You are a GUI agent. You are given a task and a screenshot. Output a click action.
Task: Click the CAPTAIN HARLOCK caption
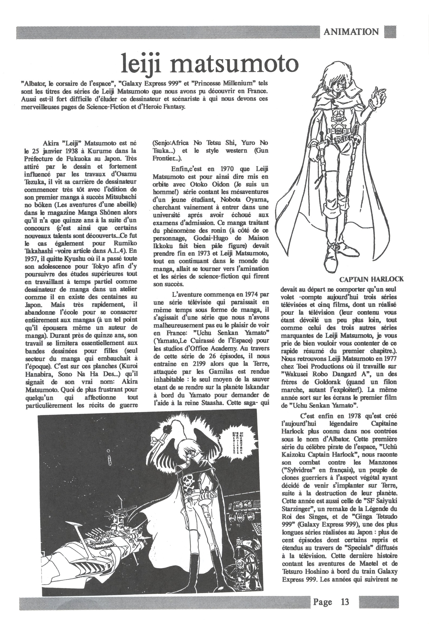371,279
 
